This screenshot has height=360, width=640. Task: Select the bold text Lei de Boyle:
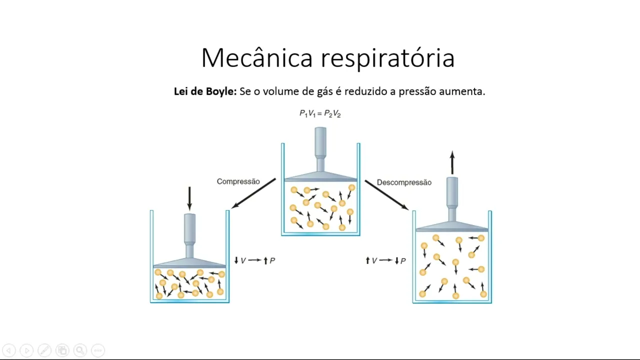[205, 91]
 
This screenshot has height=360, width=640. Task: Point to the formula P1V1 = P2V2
[320, 114]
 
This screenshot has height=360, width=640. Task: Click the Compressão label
[238, 181]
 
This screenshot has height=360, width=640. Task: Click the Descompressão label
[404, 182]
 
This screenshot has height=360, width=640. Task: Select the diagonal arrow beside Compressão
[254, 193]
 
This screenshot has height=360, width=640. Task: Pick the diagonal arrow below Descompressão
[386, 194]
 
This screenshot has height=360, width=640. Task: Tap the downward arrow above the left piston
[189, 198]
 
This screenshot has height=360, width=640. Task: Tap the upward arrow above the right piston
[452, 162]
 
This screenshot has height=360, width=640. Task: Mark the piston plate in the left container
[189, 263]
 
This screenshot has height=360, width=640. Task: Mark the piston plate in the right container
[452, 226]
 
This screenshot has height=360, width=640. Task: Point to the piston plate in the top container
[320, 176]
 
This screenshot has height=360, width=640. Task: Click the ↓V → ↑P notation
[254, 260]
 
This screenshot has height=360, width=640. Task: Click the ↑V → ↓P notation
[385, 260]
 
